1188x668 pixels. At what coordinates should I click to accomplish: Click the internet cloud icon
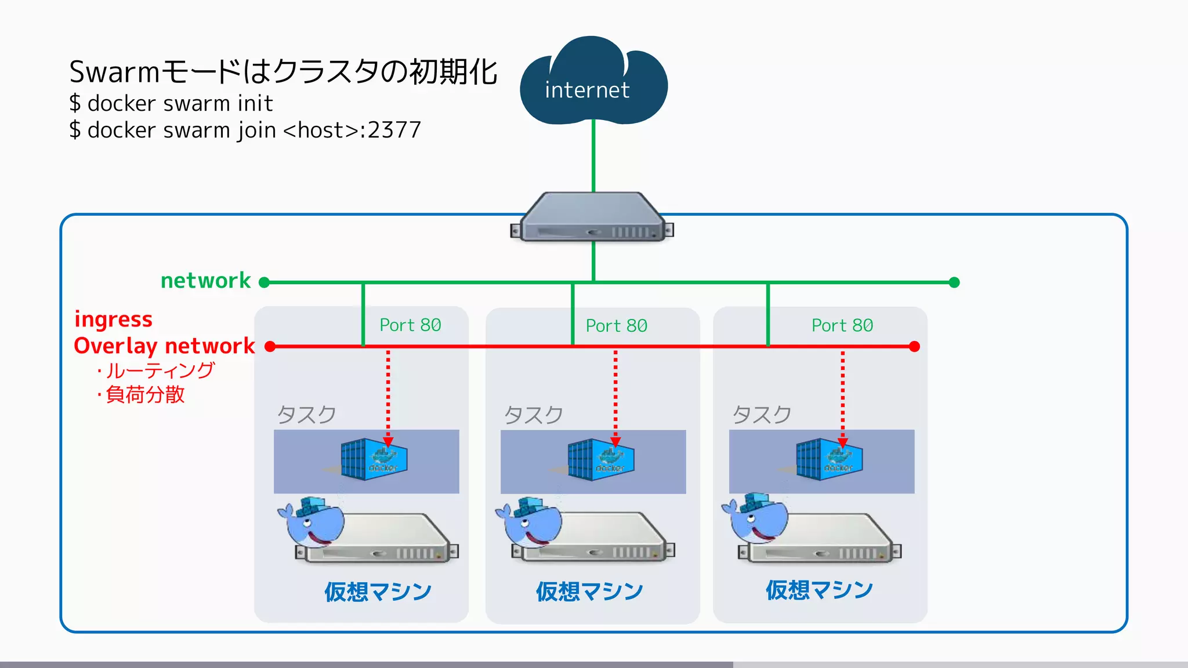(x=593, y=84)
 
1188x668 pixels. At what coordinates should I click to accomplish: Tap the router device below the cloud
(x=592, y=219)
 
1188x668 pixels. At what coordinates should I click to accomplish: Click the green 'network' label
(x=205, y=281)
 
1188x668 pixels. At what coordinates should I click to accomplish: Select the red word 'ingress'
(x=114, y=320)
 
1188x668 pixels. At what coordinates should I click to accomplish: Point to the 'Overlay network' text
(x=164, y=346)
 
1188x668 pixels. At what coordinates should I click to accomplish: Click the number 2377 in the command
(x=394, y=130)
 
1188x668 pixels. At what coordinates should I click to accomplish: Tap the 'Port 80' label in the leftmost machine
(x=410, y=325)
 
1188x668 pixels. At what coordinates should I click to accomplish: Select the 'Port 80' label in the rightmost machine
(x=842, y=326)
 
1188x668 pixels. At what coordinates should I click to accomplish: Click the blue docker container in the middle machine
(x=600, y=459)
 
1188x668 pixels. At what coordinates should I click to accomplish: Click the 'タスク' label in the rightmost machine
(x=762, y=415)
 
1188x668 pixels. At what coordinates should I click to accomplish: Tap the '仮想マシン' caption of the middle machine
(x=589, y=591)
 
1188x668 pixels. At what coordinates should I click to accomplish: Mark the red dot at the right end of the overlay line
(x=914, y=347)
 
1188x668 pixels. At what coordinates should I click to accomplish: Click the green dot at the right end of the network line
(x=954, y=282)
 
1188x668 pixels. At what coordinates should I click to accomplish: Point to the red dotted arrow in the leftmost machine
(x=388, y=394)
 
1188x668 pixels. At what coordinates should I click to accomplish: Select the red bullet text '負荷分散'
(x=145, y=395)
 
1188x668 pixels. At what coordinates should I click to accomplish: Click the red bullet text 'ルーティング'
(x=160, y=370)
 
